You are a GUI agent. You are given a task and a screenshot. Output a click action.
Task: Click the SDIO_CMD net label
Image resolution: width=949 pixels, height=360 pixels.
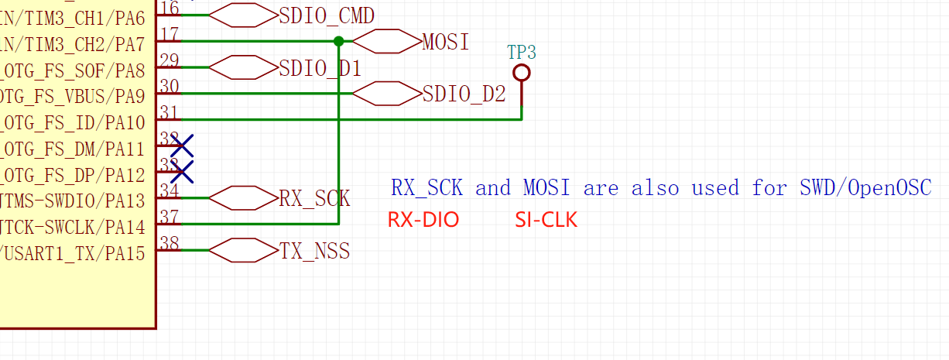pos(327,15)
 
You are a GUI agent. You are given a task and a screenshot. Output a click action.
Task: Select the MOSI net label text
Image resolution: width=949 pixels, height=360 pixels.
pos(446,42)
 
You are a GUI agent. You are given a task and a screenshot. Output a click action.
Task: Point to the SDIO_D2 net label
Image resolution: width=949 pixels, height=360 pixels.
pos(464,94)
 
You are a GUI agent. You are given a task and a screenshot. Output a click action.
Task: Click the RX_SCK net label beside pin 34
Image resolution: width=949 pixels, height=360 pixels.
pos(314,199)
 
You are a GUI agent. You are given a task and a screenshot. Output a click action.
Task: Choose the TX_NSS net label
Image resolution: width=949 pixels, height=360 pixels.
pos(314,251)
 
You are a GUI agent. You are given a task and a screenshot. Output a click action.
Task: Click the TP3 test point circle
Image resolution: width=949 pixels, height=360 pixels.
pos(522,73)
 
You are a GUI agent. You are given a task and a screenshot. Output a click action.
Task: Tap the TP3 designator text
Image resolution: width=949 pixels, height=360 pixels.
pos(522,53)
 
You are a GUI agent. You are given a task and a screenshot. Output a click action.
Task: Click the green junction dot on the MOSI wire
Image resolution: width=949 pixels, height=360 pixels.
pos(338,41)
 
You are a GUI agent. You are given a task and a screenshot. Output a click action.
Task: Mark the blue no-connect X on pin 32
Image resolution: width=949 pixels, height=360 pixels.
pos(182,145)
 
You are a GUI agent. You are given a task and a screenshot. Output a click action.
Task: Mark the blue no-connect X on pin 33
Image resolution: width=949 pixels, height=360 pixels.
pos(182,171)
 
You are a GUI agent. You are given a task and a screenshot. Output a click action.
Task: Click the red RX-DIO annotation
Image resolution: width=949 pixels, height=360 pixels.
pos(423,221)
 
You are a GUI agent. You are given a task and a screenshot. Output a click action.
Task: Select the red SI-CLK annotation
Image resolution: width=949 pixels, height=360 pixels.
pos(546,221)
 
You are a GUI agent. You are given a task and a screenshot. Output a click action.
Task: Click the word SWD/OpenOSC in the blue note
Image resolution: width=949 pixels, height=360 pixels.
pos(865,188)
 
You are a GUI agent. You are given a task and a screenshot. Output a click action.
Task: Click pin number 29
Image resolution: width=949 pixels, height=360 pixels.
pos(169,60)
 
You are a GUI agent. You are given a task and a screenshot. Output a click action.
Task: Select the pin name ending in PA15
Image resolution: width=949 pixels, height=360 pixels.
pos(73,253)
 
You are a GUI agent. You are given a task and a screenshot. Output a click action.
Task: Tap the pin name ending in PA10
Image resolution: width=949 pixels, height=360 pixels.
pos(73,123)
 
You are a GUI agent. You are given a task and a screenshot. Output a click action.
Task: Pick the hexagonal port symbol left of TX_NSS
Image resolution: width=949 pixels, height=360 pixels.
pos(243,250)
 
